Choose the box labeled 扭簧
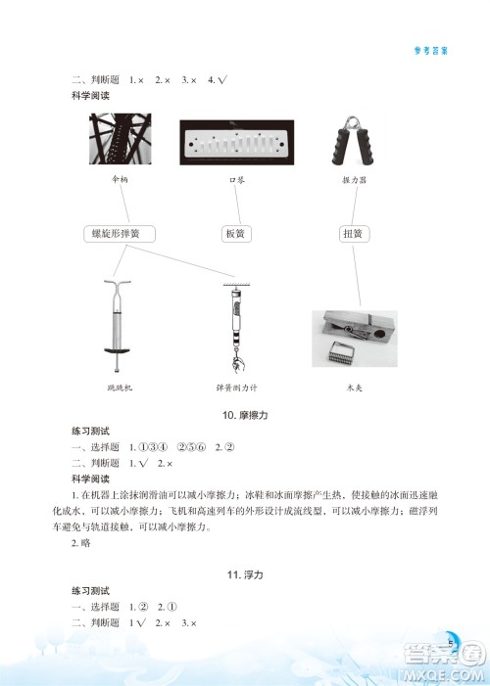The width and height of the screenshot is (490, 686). point(354,234)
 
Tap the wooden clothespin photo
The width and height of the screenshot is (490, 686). point(354,338)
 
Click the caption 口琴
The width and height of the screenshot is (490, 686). point(235,181)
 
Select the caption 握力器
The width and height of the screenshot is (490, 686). point(354,181)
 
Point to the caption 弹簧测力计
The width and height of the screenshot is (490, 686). point(235,388)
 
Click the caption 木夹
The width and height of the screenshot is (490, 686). point(354,388)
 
